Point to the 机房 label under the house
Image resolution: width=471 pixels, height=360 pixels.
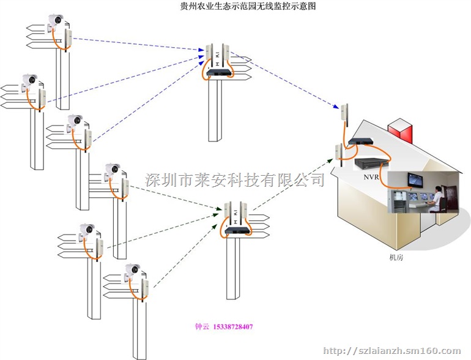point(396,258)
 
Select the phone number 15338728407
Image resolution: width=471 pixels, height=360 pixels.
point(232,327)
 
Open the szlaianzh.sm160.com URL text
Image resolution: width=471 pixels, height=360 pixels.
point(391,351)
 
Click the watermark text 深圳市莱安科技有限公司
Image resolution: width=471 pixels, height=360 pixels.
point(235,179)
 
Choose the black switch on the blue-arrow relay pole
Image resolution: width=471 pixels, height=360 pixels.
point(219,72)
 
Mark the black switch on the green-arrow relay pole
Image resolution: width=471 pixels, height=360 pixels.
point(236,230)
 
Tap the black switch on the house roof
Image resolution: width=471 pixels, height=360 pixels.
point(359,143)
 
